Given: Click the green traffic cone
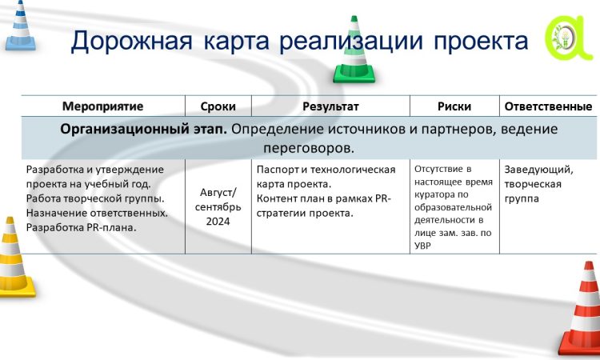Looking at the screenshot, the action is pyautogui.click(x=354, y=52).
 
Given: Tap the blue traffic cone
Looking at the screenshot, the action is pyautogui.click(x=20, y=26).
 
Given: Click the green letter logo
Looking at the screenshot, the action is pyautogui.click(x=567, y=38).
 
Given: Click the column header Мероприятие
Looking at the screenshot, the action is pyautogui.click(x=103, y=106).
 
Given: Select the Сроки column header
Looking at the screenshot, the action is pyautogui.click(x=218, y=106).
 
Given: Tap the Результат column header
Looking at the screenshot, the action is pyautogui.click(x=330, y=106).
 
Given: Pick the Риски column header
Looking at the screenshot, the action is pyautogui.click(x=454, y=106).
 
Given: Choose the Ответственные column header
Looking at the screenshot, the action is pyautogui.click(x=548, y=106).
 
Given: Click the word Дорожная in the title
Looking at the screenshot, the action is pyautogui.click(x=131, y=41).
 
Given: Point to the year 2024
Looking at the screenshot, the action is pyautogui.click(x=218, y=221).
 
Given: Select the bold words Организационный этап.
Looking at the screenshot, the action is pyautogui.click(x=143, y=130).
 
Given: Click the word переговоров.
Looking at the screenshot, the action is pyautogui.click(x=309, y=149).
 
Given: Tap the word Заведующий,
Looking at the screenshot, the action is pyautogui.click(x=538, y=170).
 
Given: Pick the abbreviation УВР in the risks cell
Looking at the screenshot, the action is pyautogui.click(x=423, y=246).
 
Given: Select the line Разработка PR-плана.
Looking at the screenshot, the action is pyautogui.click(x=81, y=228).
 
